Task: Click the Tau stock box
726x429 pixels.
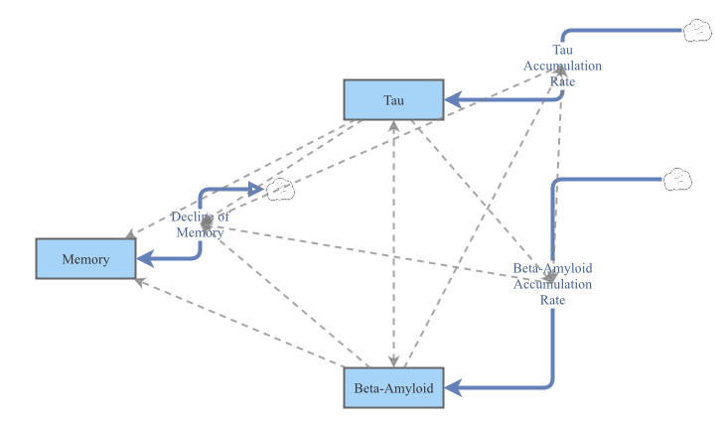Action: coord(392,99)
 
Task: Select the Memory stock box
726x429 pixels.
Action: coord(85,258)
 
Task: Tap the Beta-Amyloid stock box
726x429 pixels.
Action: coord(393,387)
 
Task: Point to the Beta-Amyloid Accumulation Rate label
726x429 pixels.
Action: coord(552,283)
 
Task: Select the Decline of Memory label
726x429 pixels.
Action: coord(200,224)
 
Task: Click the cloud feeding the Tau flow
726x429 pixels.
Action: coord(696,31)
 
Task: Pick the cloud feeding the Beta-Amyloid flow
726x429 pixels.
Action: coord(676,179)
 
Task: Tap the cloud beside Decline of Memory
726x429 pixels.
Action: coord(280,189)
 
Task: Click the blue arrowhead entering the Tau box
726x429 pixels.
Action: coord(451,99)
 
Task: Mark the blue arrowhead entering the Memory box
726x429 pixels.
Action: coord(145,258)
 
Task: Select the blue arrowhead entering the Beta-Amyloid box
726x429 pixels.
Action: coord(452,387)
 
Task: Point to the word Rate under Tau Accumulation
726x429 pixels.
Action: coord(562,80)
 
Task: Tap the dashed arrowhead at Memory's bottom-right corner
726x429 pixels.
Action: coord(140,281)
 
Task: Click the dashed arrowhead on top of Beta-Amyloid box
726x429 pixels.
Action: coord(395,360)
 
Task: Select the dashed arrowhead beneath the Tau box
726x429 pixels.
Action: coord(394,125)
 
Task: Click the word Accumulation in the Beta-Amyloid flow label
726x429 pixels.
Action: coord(552,284)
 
